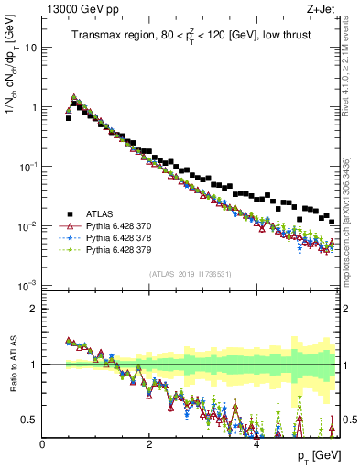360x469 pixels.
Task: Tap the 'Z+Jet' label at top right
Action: click(324, 9)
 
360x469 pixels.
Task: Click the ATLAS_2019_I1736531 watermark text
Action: click(191, 274)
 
